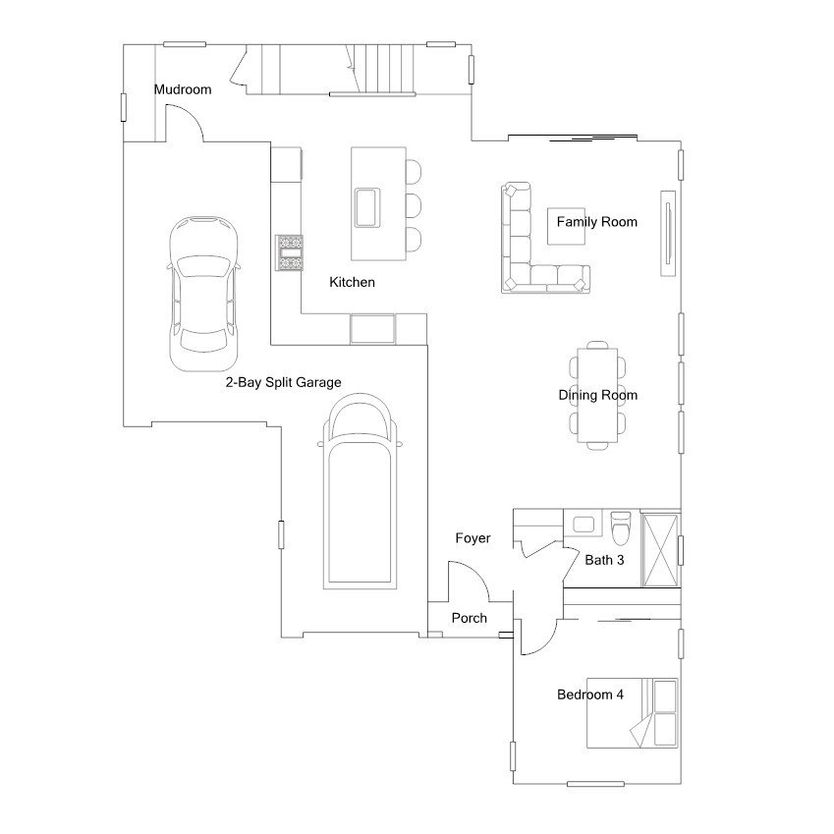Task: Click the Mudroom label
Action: click(183, 89)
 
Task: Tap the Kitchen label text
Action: click(352, 282)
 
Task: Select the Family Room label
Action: click(597, 222)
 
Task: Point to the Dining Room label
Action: click(598, 395)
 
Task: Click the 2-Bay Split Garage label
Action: click(284, 382)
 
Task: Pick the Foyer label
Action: click(473, 538)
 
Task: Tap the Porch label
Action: click(470, 618)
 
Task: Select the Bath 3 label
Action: click(604, 560)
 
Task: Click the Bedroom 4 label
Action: click(590, 695)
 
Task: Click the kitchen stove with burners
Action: click(290, 252)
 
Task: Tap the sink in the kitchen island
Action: click(367, 207)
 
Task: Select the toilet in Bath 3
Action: click(621, 528)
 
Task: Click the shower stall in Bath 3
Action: click(660, 550)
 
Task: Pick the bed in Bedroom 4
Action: click(633, 713)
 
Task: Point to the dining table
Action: click(598, 395)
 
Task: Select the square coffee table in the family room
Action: click(567, 226)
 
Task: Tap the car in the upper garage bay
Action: click(203, 294)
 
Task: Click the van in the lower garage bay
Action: click(361, 491)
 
